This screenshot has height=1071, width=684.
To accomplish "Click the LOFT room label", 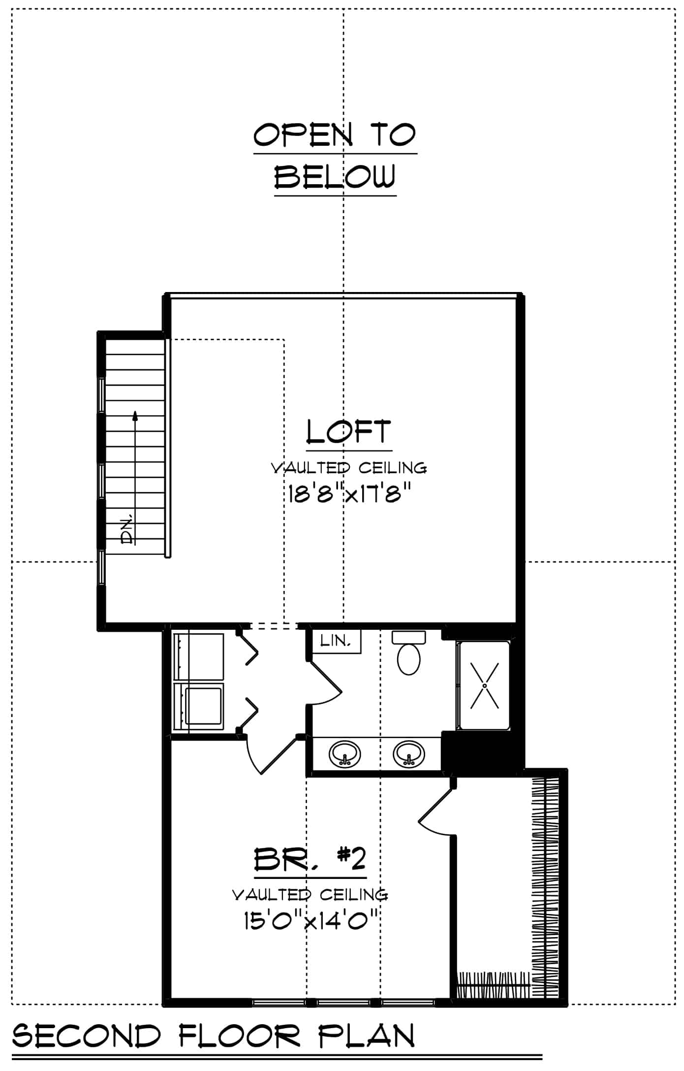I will point(348,432).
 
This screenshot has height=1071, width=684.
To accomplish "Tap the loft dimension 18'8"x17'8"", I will point(349,494).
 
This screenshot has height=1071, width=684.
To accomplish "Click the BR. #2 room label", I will point(310,860).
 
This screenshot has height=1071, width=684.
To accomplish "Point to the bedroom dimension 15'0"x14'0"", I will point(310,920).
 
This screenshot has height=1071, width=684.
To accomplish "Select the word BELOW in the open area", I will point(335,177).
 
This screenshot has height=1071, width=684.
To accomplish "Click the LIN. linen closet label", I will point(336,641).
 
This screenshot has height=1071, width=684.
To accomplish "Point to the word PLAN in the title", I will point(366,1036).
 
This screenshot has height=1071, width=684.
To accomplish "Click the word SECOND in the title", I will point(87,1036).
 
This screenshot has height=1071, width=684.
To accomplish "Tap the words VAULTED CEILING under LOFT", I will point(349,467).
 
